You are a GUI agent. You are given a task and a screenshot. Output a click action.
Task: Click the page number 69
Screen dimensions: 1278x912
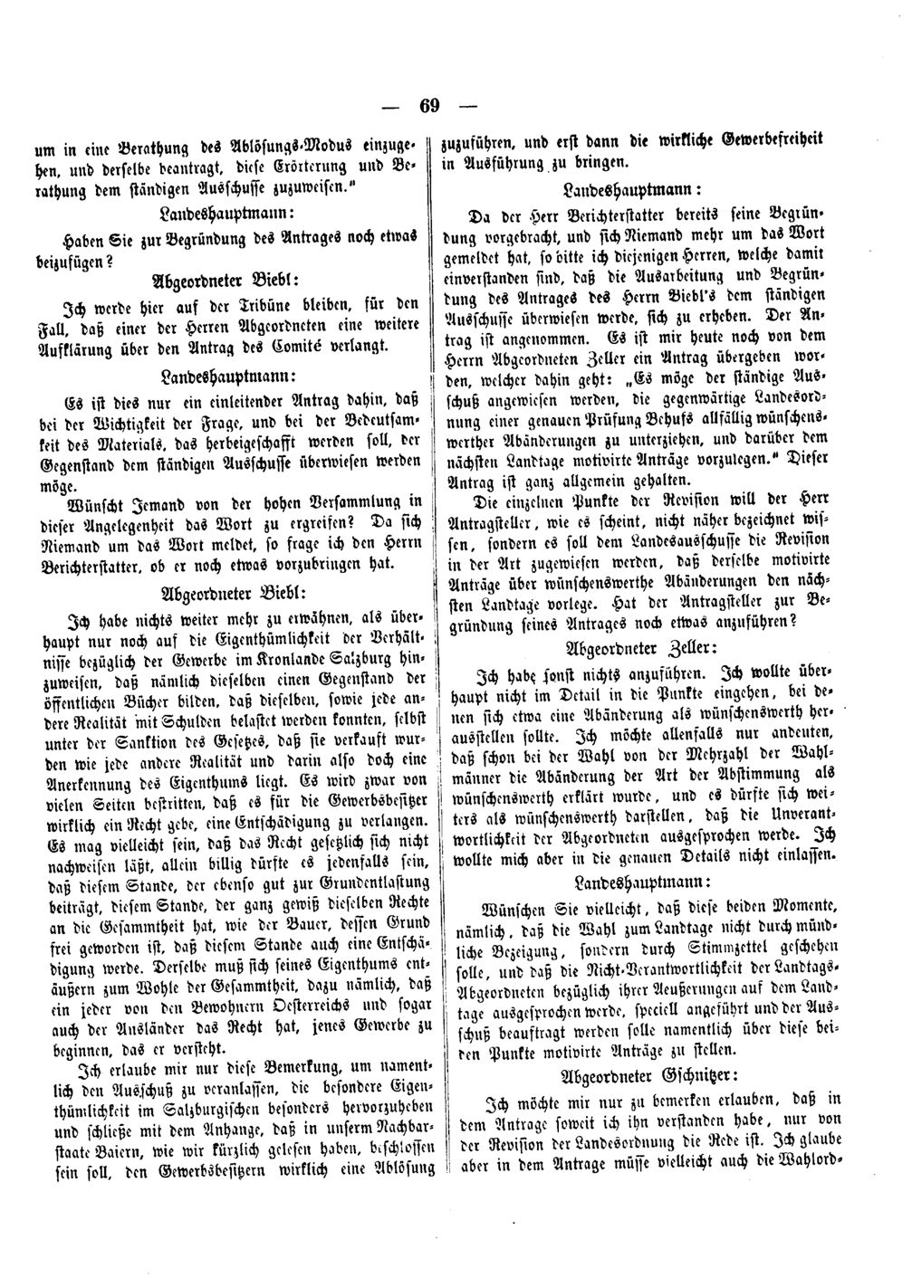(429, 106)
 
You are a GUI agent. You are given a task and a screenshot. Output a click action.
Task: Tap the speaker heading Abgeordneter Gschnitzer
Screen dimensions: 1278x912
(646, 1075)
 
